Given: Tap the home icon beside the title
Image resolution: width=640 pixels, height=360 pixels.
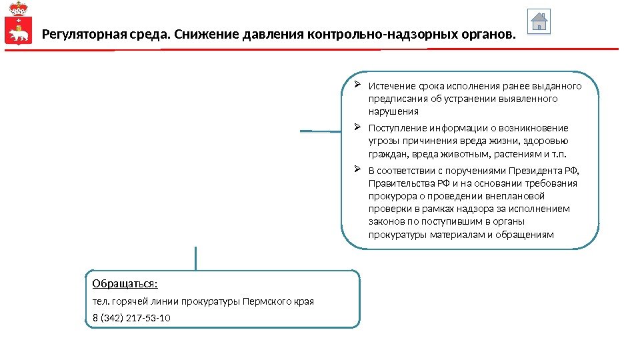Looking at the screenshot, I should (x=539, y=21).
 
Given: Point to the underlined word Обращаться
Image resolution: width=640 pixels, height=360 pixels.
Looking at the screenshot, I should (x=125, y=283).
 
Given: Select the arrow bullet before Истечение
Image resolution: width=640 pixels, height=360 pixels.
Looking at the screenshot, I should (x=357, y=85).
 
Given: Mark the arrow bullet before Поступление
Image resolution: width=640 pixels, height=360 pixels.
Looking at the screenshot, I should (x=357, y=127).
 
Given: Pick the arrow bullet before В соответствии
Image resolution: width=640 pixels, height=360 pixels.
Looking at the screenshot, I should (x=357, y=170).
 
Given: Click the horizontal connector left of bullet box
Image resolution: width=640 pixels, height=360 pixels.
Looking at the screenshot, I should (x=321, y=131).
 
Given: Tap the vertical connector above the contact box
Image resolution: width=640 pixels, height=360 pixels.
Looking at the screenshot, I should (x=195, y=258).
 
